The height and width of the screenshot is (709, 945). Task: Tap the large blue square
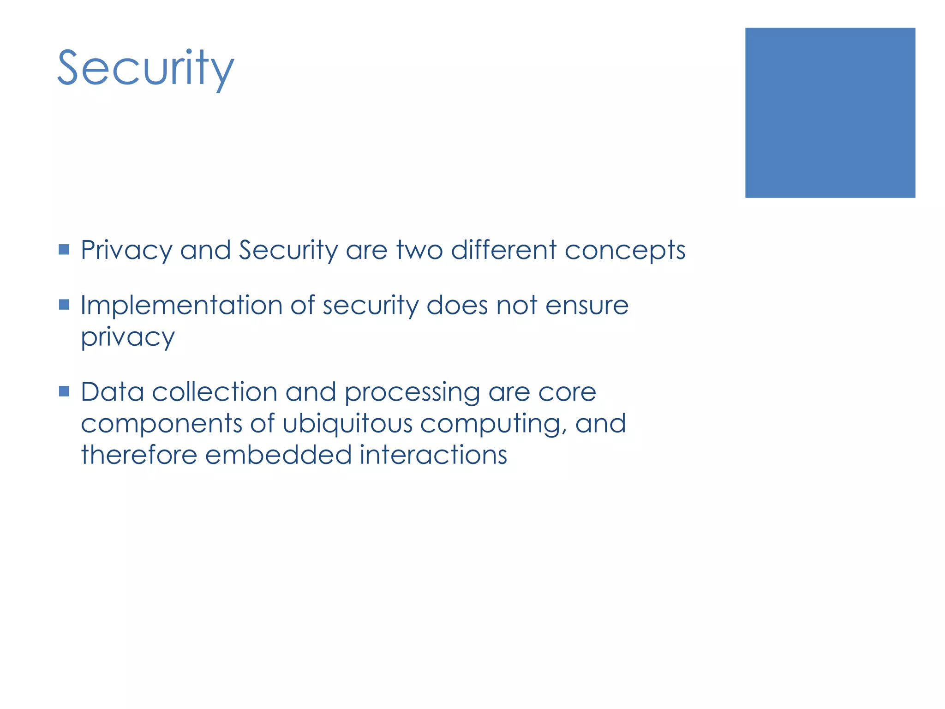(x=830, y=113)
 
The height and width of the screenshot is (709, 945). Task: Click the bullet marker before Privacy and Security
(x=64, y=250)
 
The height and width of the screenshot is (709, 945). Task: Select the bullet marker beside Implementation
(x=64, y=305)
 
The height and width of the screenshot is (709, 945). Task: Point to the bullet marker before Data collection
(x=64, y=391)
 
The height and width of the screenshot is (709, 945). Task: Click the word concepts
(x=625, y=251)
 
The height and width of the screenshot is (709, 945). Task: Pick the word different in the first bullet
(x=504, y=250)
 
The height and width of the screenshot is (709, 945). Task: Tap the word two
(x=419, y=250)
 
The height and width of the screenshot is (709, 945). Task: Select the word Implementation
(x=181, y=306)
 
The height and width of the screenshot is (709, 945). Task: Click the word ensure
(x=587, y=306)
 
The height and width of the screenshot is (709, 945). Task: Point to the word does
(x=457, y=306)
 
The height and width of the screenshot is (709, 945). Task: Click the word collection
(x=215, y=392)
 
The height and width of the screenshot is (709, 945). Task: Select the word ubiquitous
(x=347, y=424)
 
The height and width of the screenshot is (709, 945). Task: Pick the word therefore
(x=139, y=455)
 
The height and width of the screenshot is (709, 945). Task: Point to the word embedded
(x=278, y=455)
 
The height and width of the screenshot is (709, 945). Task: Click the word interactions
(x=433, y=455)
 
